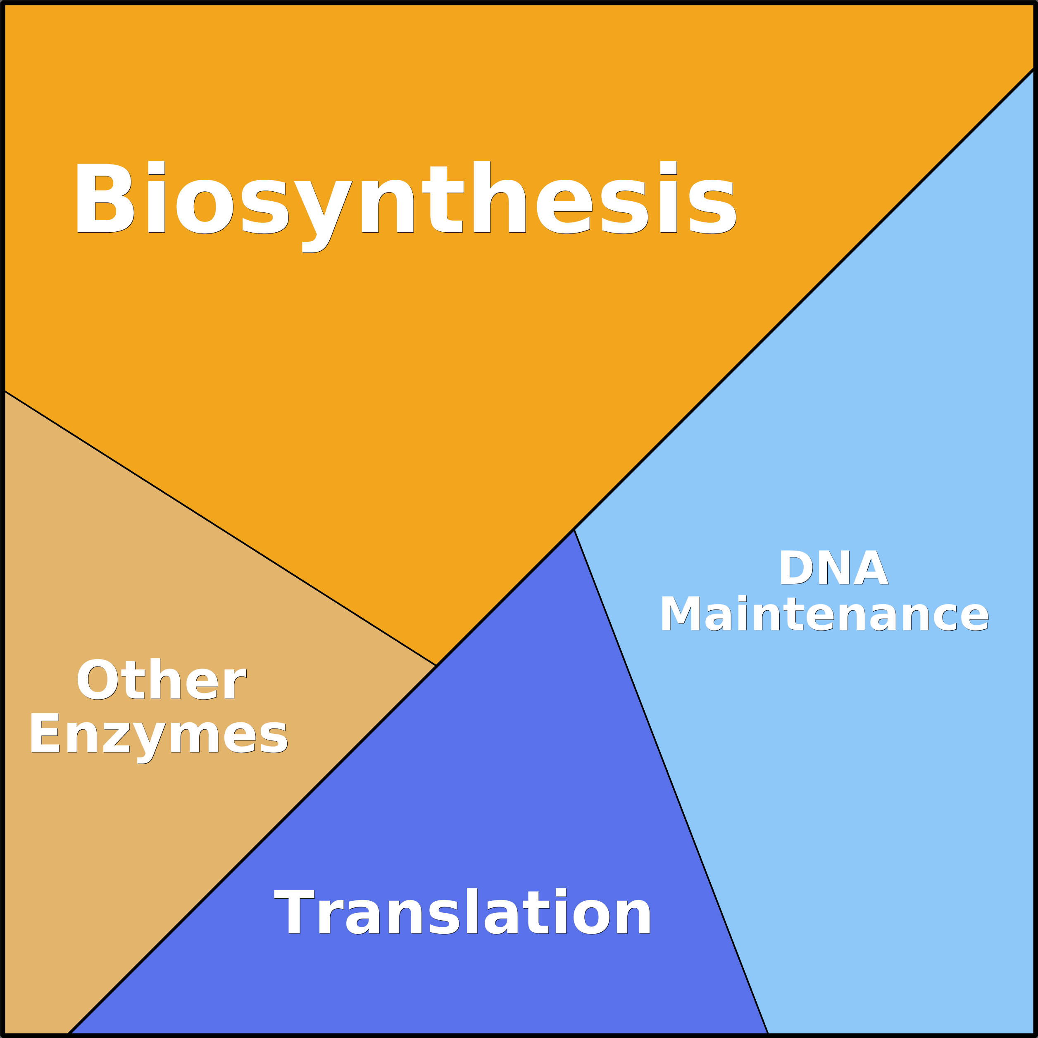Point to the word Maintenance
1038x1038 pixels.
point(824,614)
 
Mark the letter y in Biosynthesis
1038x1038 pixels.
point(322,212)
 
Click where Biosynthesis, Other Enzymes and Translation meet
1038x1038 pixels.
point(436,666)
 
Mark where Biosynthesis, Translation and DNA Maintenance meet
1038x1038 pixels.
point(574,530)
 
